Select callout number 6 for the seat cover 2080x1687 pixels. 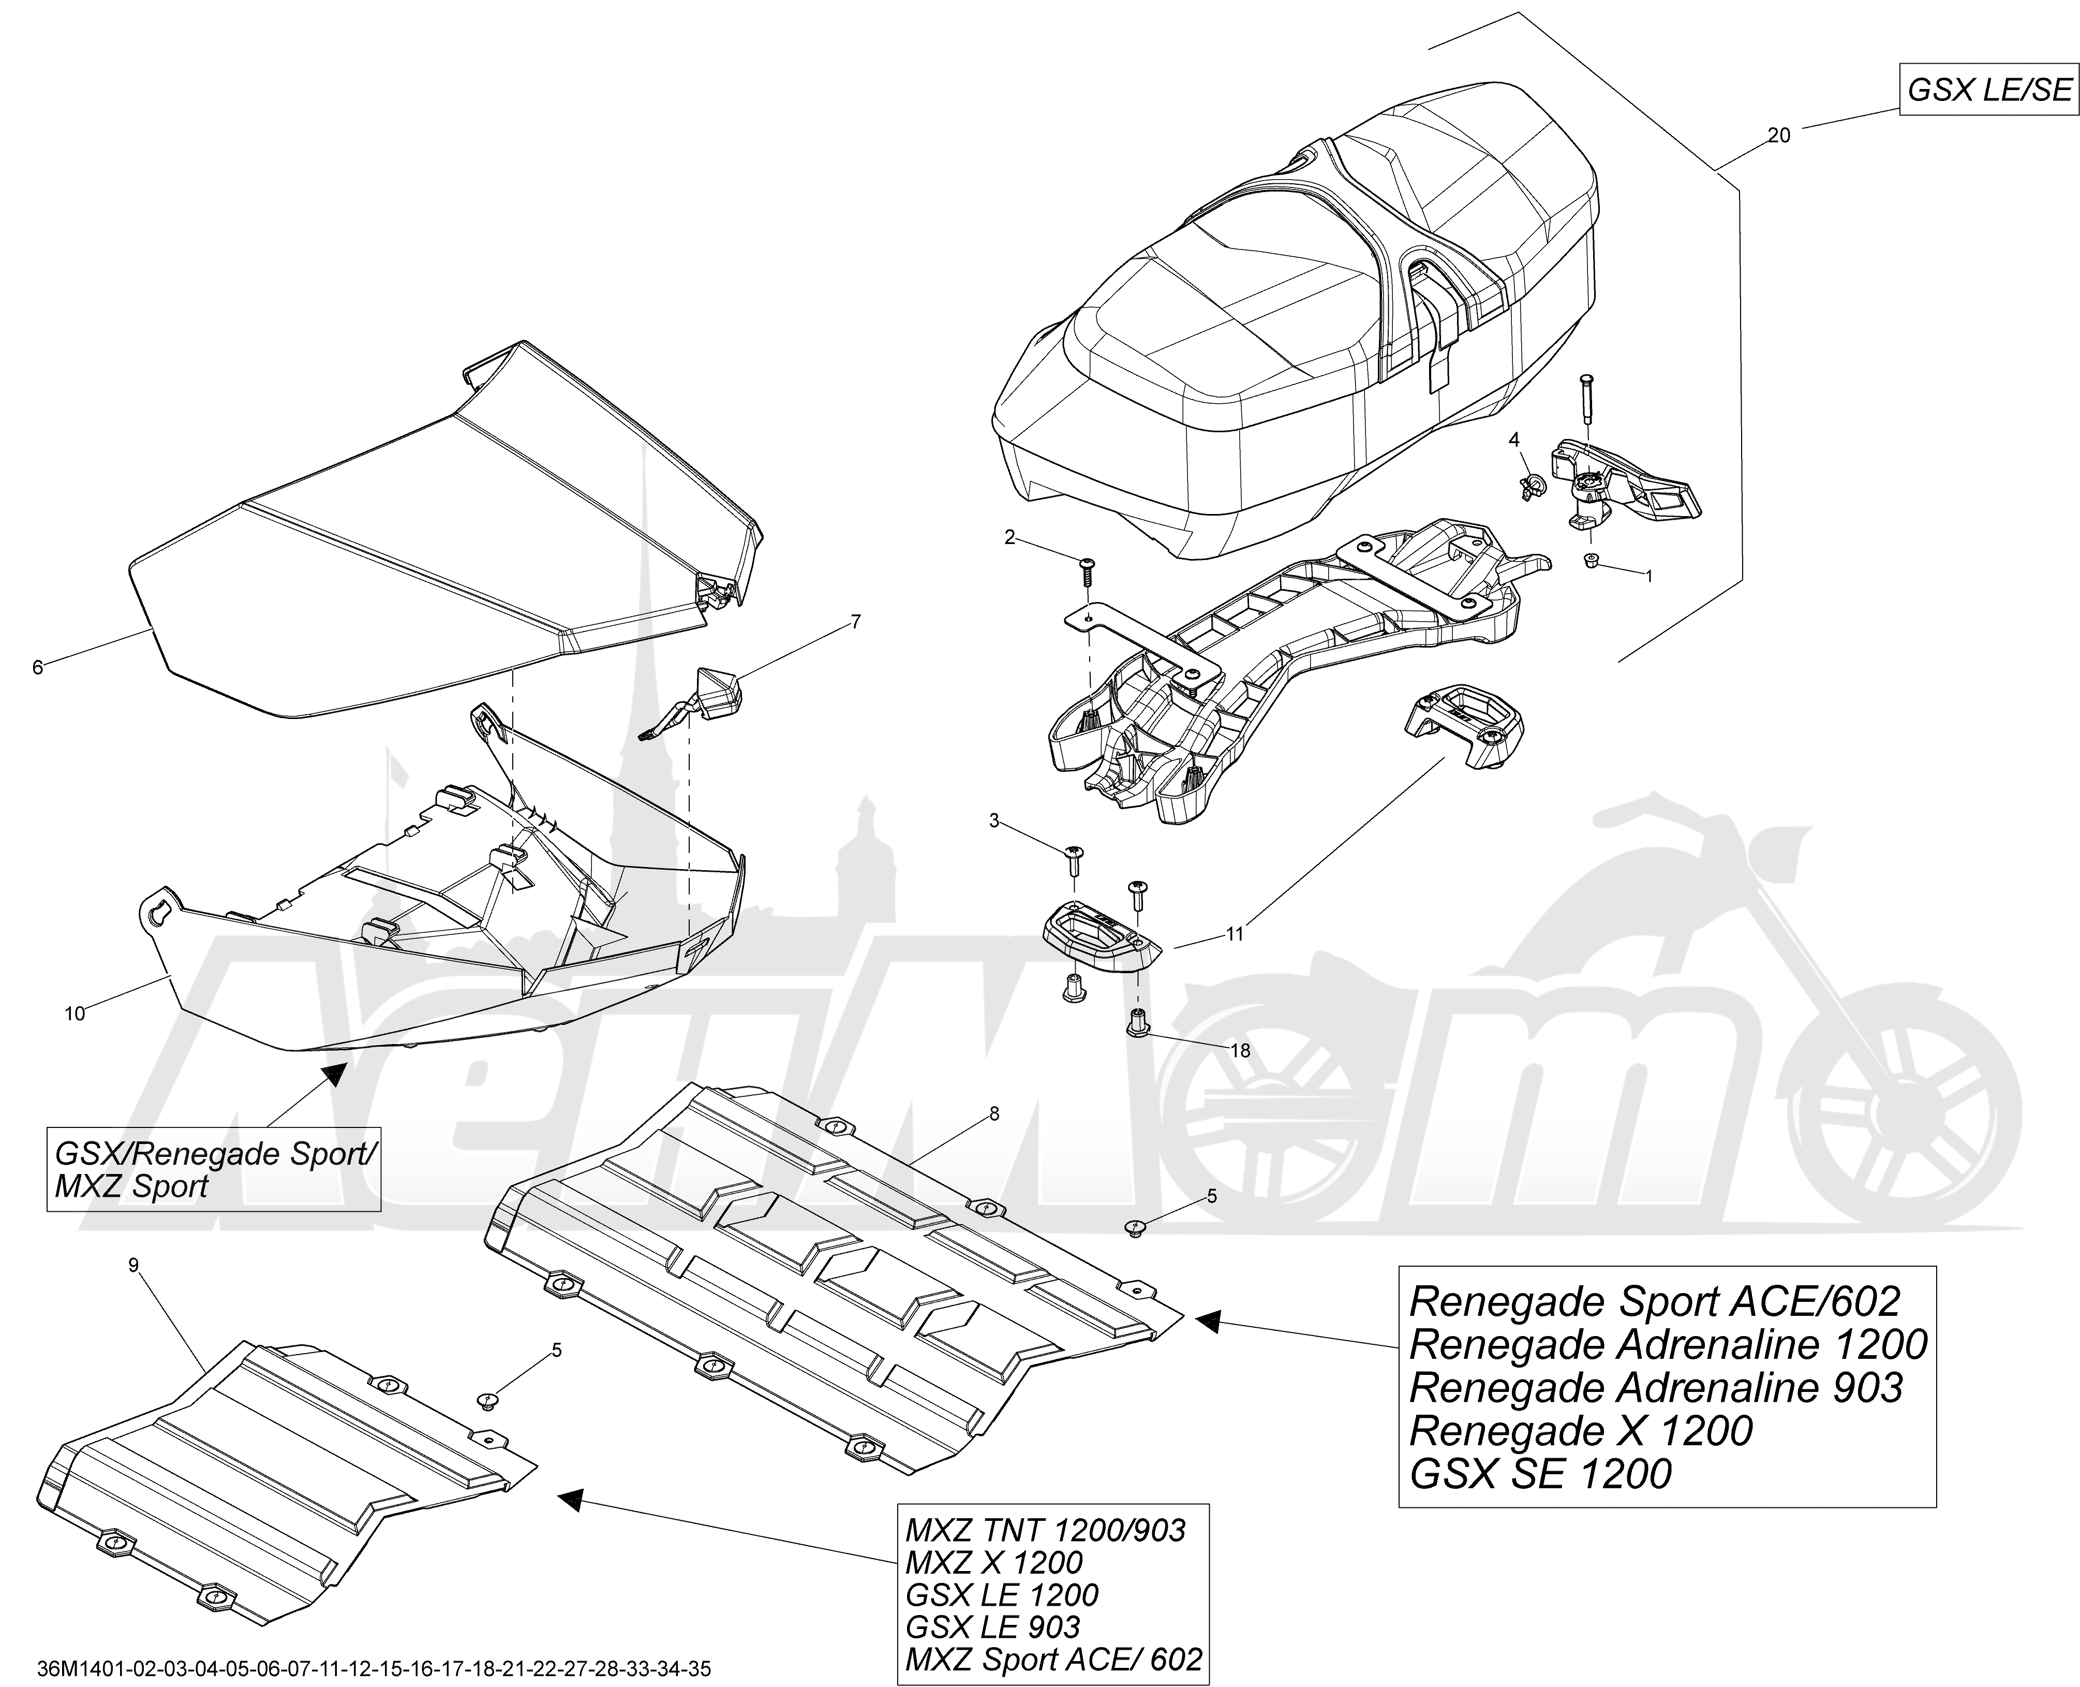38,667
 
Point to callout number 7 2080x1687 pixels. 855,622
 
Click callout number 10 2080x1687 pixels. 75,1014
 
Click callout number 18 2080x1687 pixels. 1240,1050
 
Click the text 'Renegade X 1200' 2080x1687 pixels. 1581,1430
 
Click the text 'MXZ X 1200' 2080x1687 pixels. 993,1563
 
